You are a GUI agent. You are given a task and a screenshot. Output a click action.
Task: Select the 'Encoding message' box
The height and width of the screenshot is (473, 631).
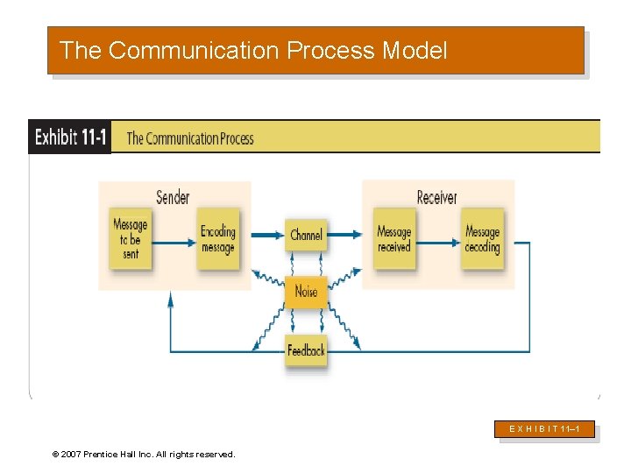point(218,237)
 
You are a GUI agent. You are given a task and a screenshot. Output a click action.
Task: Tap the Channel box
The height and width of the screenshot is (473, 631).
point(306,235)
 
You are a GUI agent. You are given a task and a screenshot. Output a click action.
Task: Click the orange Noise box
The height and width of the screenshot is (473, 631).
point(306,292)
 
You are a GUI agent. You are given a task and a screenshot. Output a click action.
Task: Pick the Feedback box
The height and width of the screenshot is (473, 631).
point(306,350)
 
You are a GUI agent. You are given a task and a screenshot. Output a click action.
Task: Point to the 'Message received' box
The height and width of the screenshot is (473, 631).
point(394,237)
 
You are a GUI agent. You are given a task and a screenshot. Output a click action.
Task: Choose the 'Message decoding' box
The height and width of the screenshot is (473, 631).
point(482,237)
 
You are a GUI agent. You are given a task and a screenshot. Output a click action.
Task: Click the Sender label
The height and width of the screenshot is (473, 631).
point(173,197)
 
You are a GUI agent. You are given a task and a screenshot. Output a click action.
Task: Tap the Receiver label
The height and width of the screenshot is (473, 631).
point(436,197)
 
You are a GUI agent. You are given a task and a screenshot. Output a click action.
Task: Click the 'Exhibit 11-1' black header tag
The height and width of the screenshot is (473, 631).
point(70,138)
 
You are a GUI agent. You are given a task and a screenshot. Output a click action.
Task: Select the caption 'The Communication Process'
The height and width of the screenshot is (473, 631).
point(190,138)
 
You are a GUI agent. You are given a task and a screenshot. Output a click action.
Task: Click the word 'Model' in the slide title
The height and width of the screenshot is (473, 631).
point(415,51)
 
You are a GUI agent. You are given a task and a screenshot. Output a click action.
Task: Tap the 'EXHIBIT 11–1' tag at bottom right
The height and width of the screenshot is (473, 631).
point(547,429)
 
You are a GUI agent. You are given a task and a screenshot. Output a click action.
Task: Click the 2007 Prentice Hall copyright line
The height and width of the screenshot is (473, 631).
point(144,455)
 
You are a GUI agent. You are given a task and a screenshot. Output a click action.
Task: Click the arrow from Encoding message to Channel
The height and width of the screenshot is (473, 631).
point(262,235)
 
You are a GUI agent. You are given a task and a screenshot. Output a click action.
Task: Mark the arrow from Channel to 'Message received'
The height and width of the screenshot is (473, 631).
point(345,235)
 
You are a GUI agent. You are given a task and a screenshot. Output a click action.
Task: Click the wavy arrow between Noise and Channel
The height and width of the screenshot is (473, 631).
point(306,264)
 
